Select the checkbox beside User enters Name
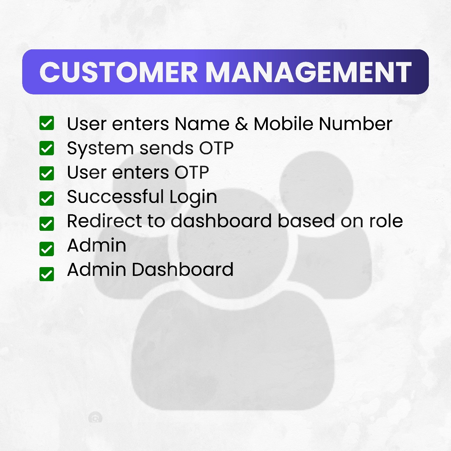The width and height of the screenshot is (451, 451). point(47,123)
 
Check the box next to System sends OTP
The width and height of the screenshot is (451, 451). point(47,148)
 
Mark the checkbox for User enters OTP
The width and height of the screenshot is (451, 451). point(47,173)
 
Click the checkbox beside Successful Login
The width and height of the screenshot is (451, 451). point(47,198)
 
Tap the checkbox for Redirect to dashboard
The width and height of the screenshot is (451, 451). point(47,224)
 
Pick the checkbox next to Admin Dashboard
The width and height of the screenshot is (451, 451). point(47,274)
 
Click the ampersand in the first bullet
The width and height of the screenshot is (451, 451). point(241,124)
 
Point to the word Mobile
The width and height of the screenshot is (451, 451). point(283,123)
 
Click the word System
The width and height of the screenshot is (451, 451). point(100,149)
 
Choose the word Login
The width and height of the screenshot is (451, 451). point(193,198)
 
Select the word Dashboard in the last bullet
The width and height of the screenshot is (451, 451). point(183,270)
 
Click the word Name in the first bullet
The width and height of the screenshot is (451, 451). point(202,124)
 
